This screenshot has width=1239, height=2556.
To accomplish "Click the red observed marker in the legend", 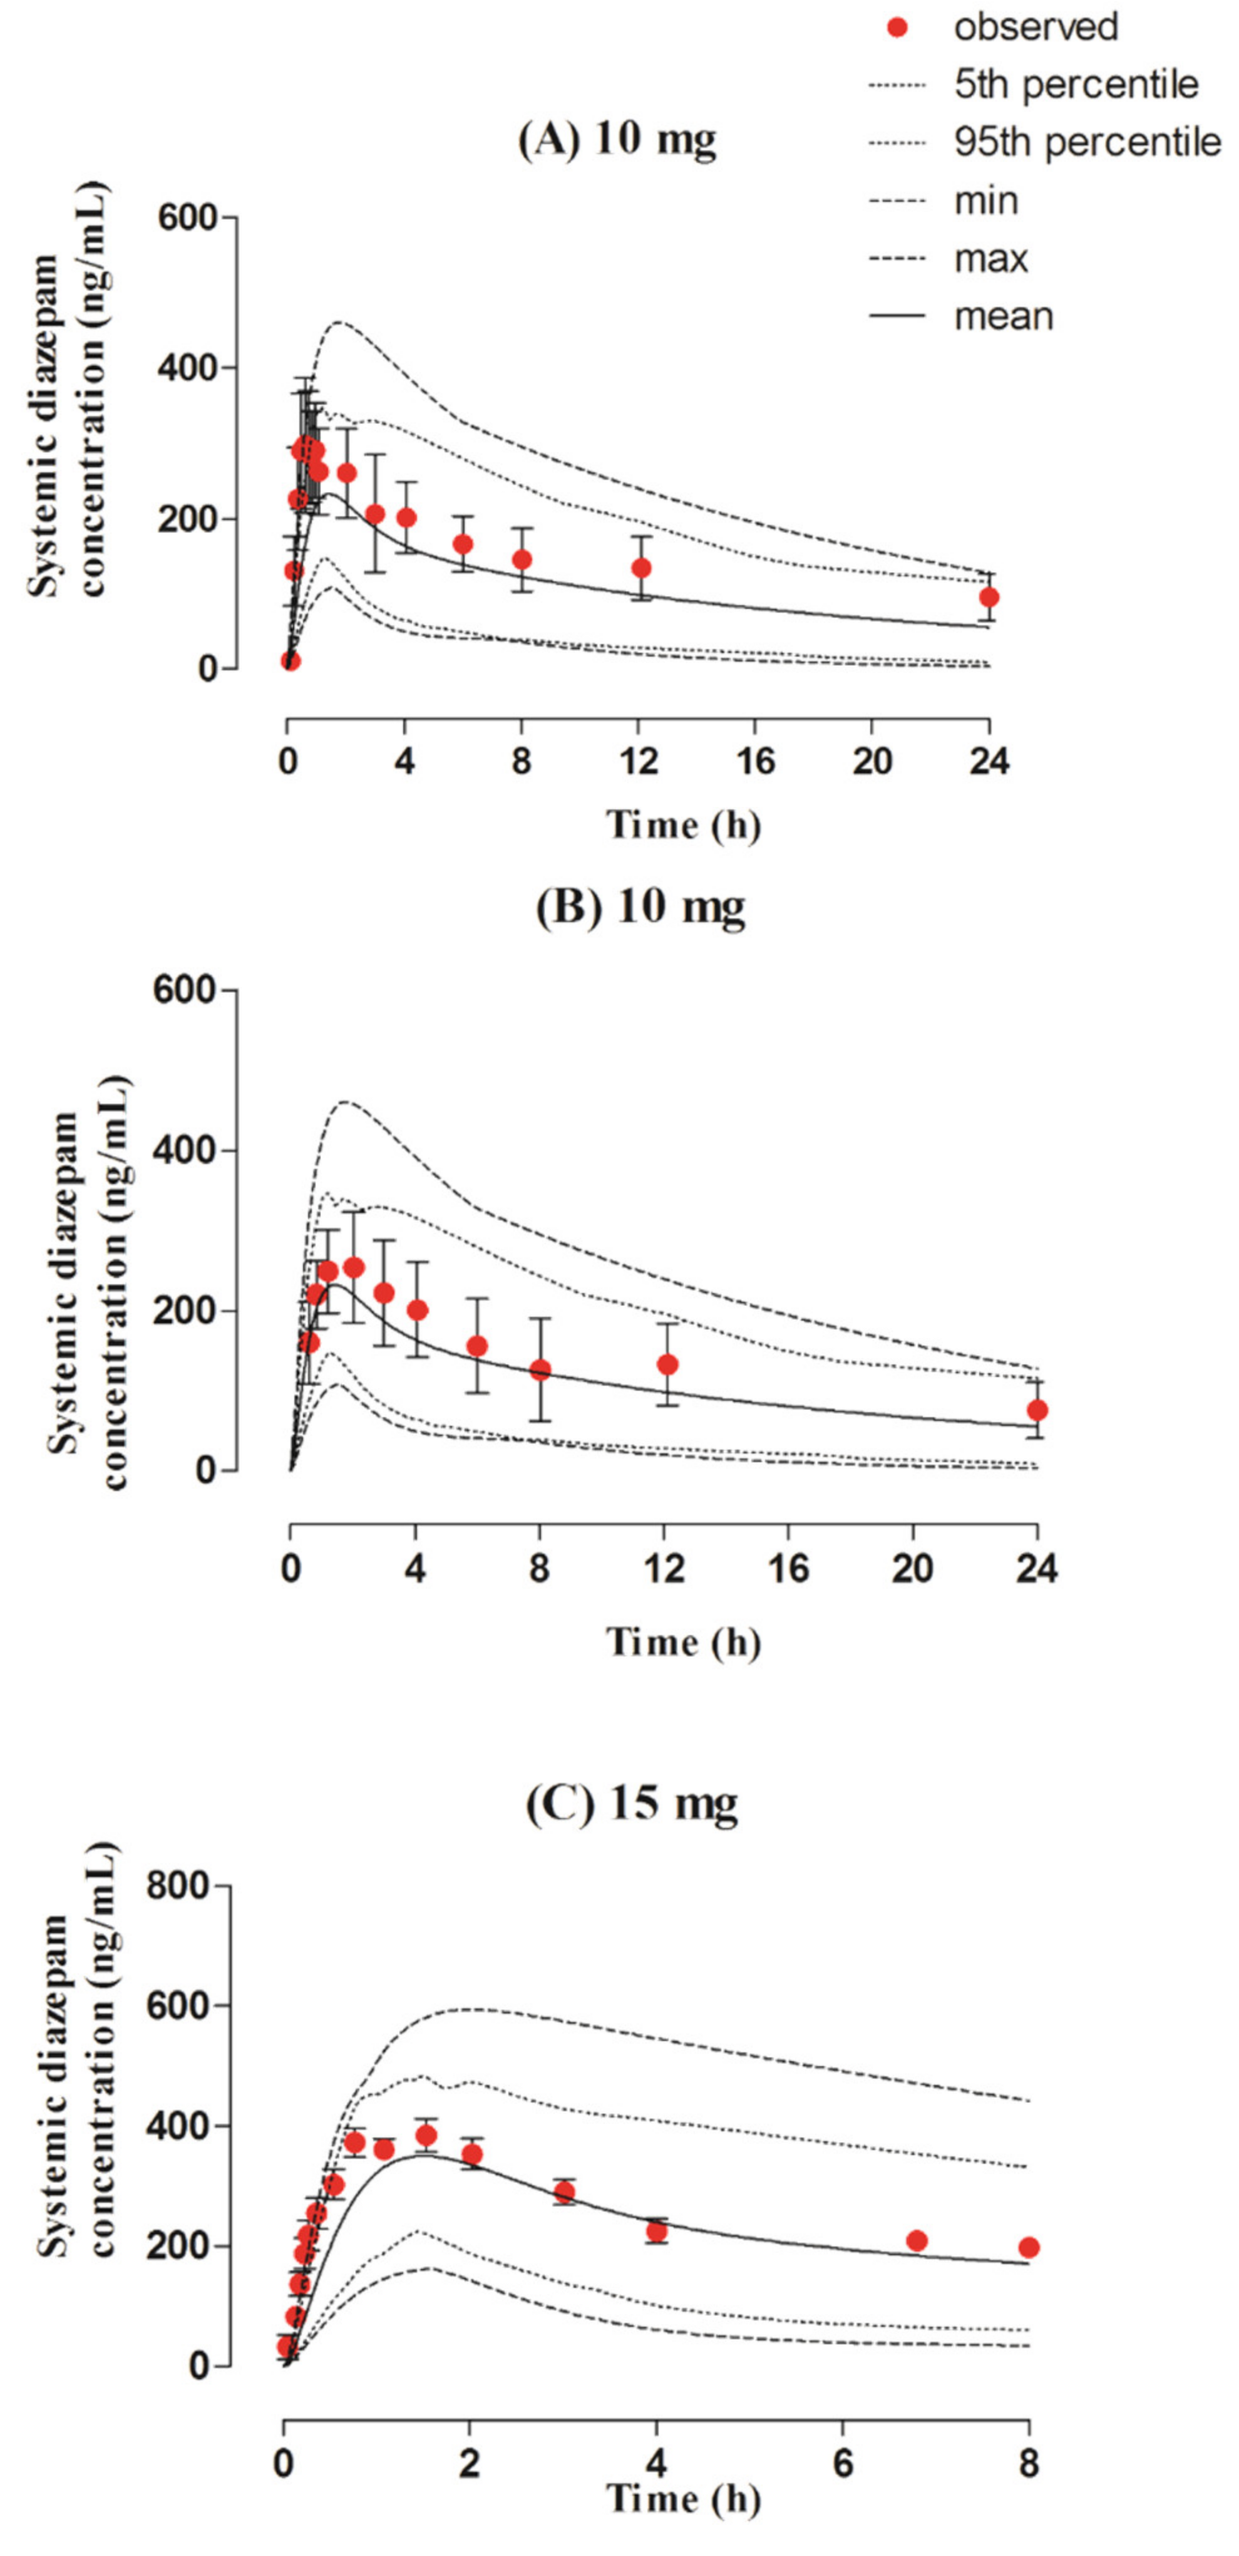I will pos(897,28).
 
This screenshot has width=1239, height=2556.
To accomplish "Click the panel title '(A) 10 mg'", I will pos(617,139).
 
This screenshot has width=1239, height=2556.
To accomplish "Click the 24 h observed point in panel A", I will pos(988,597).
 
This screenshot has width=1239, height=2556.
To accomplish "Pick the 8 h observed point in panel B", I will pos(540,1370).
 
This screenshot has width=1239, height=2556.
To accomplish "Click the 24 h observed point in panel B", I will pos(1037,1410).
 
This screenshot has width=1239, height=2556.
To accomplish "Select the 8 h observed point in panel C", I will pos(1029,2247).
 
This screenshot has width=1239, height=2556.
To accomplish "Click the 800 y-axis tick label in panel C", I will pos(180,1886).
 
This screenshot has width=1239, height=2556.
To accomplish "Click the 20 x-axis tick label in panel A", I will pos(872,762).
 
